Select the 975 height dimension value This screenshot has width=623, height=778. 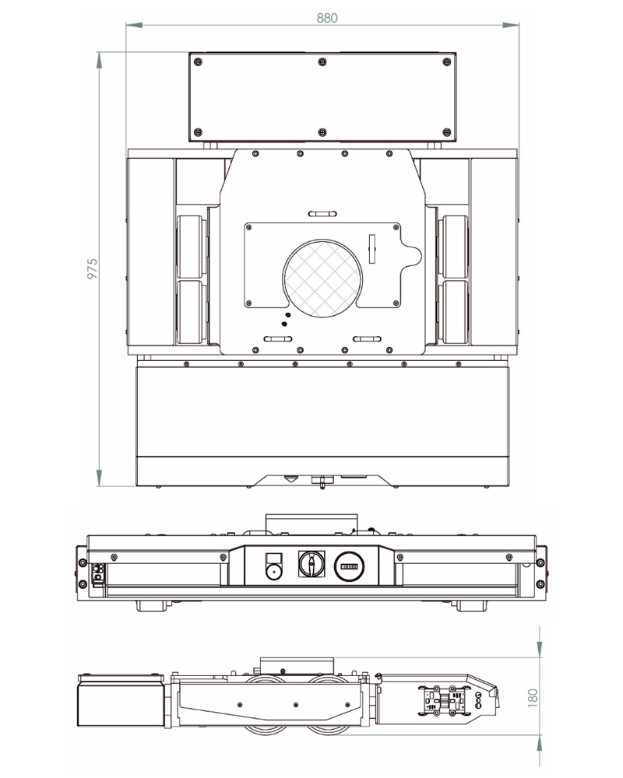[x=92, y=268]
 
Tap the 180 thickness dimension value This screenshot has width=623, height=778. [x=533, y=696]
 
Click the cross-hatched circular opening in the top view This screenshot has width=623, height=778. [x=321, y=276]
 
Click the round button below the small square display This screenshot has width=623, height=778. [x=273, y=573]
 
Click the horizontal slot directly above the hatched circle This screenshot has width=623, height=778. [x=322, y=213]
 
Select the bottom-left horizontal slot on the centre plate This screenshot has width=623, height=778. [x=278, y=339]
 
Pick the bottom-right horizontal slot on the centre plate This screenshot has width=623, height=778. [x=367, y=339]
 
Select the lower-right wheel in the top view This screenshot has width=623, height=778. [x=454, y=312]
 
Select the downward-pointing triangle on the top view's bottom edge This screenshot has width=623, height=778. [x=290, y=479]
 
